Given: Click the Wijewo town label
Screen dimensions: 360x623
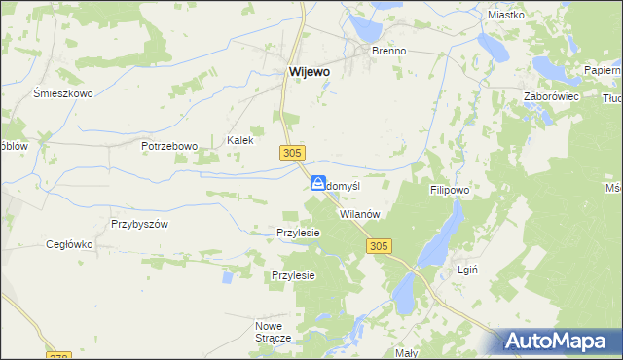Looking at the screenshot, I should tap(309, 71).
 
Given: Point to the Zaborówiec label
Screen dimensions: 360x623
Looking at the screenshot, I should tap(552, 96).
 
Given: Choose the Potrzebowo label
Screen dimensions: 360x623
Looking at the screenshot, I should tap(169, 146).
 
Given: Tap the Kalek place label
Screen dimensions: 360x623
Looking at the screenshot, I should tap(240, 140).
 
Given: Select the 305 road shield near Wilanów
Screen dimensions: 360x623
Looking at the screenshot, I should tap(380, 247).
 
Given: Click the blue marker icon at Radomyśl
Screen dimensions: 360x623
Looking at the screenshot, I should tap(318, 183).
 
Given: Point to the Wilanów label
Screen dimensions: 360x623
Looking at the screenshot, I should tap(358, 214).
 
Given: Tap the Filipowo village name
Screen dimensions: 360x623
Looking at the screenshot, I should tap(450, 192).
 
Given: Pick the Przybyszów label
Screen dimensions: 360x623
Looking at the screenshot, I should tap(140, 223).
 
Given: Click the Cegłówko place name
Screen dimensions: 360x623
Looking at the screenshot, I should tap(69, 244).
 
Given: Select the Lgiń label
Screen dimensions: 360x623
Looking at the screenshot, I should tap(466, 269).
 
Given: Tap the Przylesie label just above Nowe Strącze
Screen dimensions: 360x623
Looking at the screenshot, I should tap(294, 275).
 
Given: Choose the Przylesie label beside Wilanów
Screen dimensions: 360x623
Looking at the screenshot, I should tap(299, 234).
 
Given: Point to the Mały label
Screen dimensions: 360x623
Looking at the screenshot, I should tap(407, 352).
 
